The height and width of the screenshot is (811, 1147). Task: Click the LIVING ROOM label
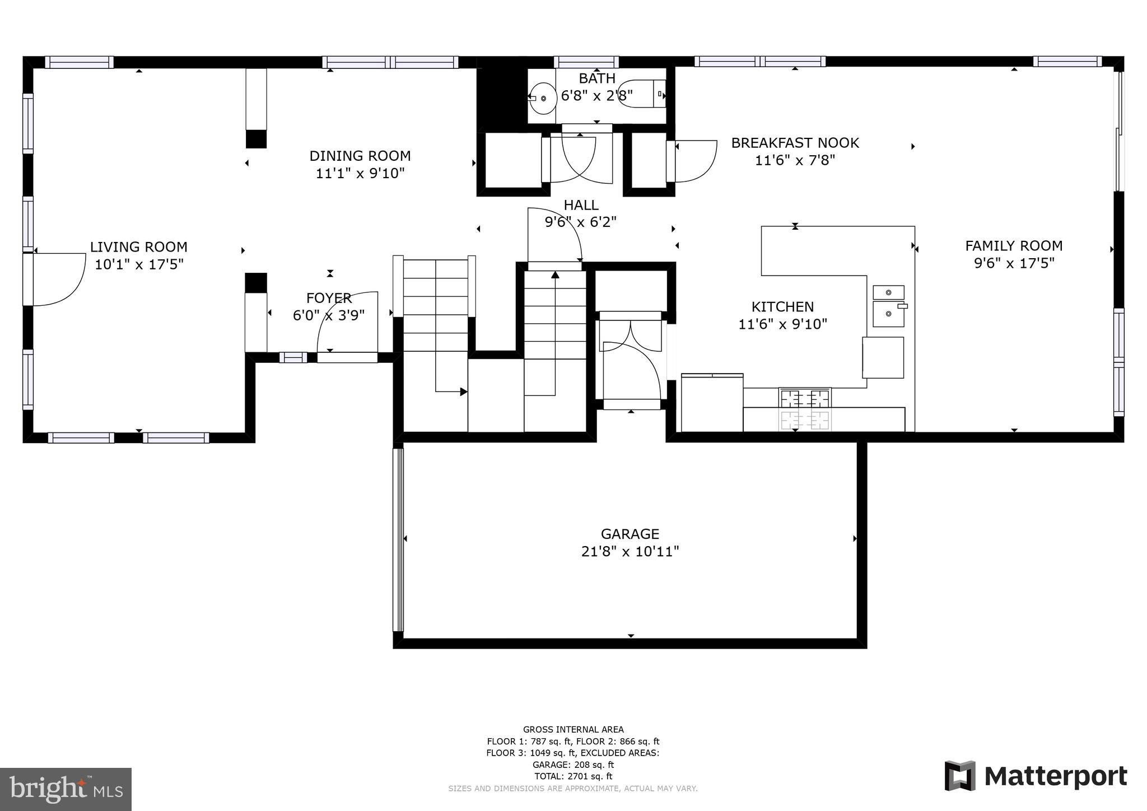[138, 247]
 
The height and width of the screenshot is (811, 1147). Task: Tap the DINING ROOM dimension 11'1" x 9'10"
[360, 173]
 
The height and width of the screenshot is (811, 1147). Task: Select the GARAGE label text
[630, 534]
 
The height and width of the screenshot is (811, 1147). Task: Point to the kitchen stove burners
[805, 408]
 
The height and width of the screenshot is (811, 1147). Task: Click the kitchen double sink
[888, 306]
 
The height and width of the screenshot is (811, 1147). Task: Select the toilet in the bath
[643, 94]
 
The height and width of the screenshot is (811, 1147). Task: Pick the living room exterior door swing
[56, 279]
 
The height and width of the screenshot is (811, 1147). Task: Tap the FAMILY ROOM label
[1014, 246]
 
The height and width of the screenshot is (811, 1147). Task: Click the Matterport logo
[1036, 776]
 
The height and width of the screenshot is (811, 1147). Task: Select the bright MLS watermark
[66, 789]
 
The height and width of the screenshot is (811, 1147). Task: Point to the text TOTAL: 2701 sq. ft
[573, 776]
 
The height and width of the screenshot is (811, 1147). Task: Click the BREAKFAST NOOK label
[795, 143]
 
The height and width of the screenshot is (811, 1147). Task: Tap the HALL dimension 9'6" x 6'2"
[580, 222]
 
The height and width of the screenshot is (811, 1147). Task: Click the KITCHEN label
[782, 307]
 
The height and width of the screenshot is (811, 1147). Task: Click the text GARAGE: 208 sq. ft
[573, 765]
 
